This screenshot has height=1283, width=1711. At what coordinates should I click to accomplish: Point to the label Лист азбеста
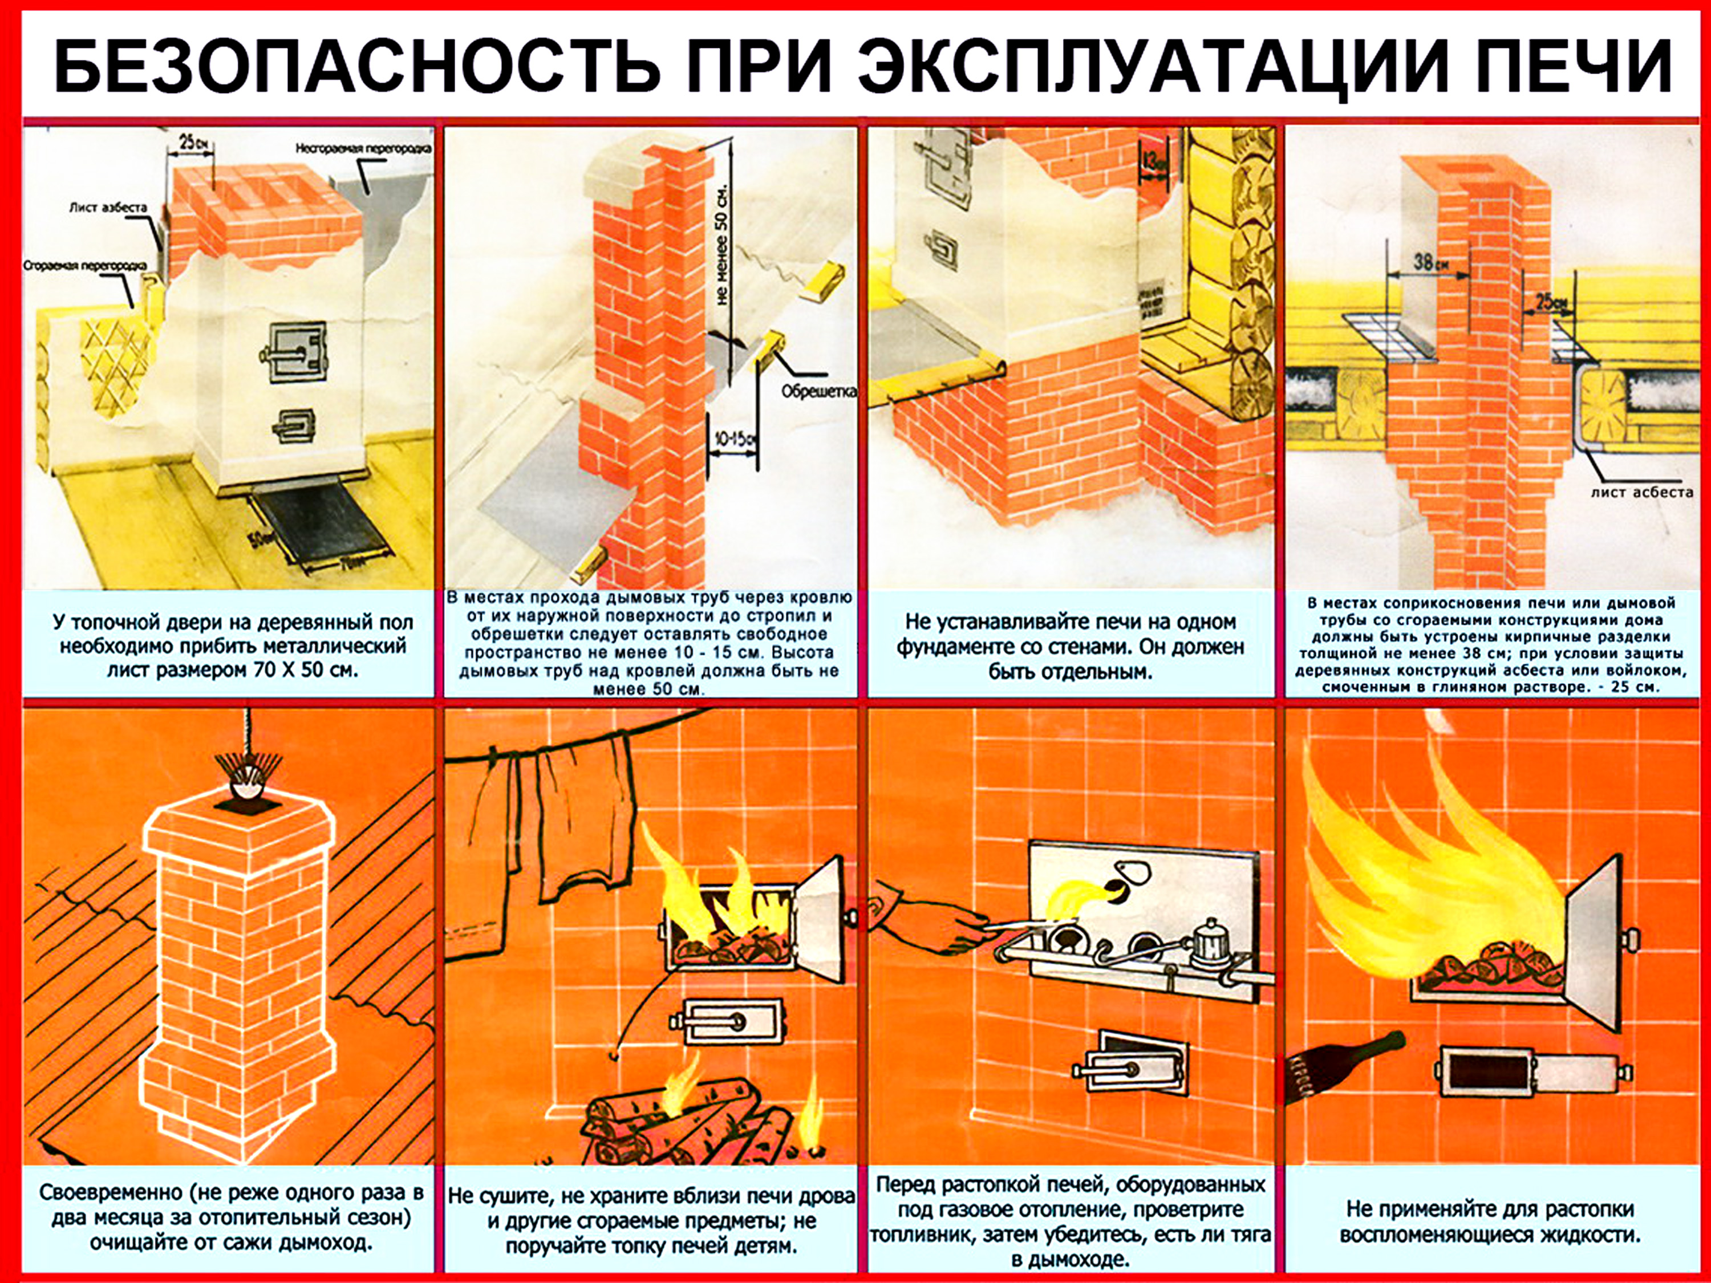(108, 207)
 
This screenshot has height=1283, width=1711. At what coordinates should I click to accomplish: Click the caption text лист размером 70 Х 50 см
(233, 670)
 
